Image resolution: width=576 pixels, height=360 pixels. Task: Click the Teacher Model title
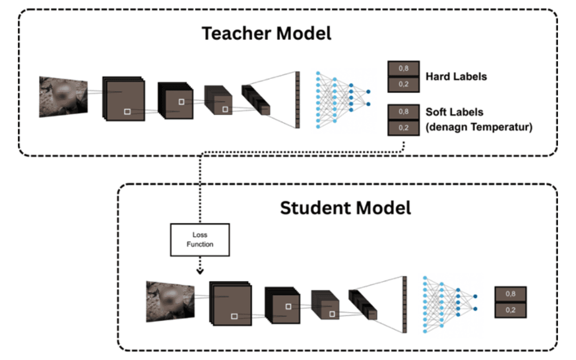266,33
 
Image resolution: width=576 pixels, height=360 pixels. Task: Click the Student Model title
346,207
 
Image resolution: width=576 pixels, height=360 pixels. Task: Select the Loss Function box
199,239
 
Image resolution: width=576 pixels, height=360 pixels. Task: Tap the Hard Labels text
456,77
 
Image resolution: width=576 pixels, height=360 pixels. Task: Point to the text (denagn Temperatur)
479,127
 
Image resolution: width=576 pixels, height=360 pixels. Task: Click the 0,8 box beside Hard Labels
404,69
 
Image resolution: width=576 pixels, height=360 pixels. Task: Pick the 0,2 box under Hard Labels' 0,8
404,84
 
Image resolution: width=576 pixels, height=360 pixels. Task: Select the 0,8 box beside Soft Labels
404,112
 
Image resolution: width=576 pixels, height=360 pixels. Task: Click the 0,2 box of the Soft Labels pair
404,128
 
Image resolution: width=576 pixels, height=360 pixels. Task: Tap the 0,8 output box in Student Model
510,294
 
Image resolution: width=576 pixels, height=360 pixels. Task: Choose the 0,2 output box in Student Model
510,310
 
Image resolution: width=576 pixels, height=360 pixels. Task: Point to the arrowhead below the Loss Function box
200,271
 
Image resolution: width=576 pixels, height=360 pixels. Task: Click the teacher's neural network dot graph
341,99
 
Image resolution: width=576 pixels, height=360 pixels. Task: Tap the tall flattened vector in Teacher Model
298,100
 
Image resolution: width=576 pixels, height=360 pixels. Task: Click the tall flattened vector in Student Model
404,305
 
